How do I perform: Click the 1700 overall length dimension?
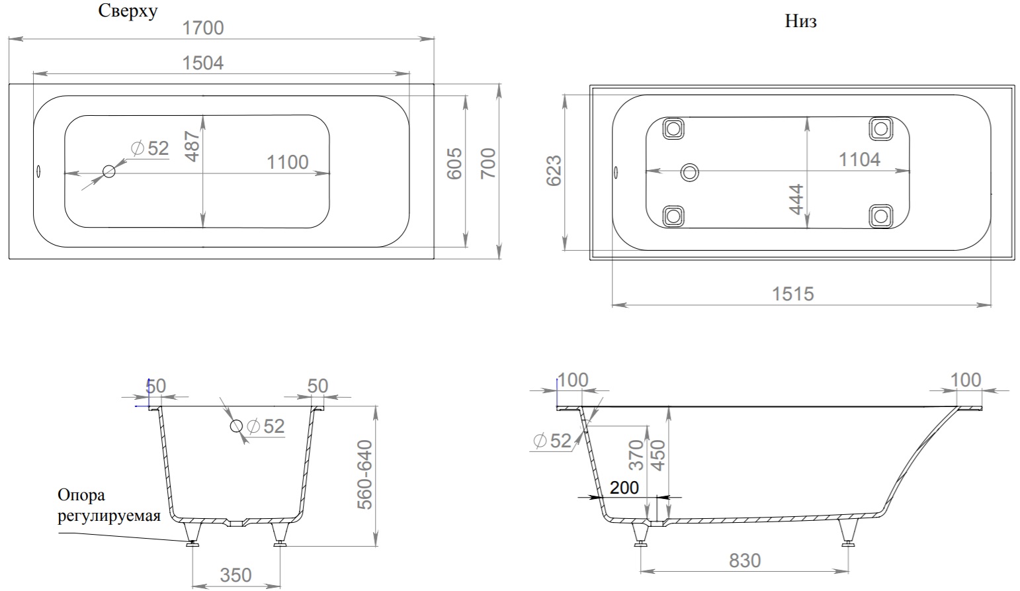point(203,28)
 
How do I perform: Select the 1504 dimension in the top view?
point(203,64)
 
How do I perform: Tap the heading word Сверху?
point(128,11)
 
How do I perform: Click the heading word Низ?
point(800,21)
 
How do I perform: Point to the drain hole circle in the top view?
point(109,171)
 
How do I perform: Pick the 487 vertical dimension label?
point(193,146)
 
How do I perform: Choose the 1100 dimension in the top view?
point(288,162)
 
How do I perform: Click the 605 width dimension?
point(454,163)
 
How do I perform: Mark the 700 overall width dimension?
point(488,163)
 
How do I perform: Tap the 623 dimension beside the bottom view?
point(554,171)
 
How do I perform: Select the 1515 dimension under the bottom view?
point(792,295)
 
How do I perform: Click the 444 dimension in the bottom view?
point(796,199)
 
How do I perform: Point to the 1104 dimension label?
point(860,160)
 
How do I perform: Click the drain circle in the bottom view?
point(689,172)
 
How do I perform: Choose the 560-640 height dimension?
point(364,475)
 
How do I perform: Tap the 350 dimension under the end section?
point(236,576)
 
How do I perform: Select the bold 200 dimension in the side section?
point(624,488)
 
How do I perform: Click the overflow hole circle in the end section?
point(236,426)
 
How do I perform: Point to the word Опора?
point(81,495)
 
